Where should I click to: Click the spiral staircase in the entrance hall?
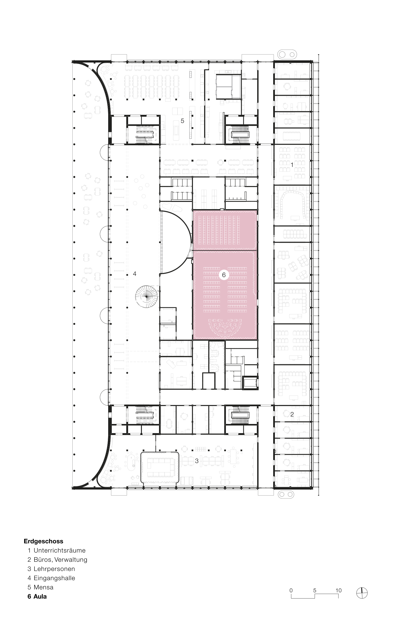pos(146,297)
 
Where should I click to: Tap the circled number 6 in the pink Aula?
pos(224,275)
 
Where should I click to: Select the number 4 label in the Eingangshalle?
pos(135,274)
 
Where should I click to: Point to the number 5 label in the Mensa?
pos(182,121)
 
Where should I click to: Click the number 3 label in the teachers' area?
pos(197,461)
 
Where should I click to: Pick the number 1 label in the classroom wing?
pos(292,165)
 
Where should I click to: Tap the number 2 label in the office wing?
pos(292,414)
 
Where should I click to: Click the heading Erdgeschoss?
pos(43,541)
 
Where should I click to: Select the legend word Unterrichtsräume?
pos(60,551)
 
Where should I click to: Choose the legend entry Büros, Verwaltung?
pos(60,560)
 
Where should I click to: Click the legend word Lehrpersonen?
pos(54,569)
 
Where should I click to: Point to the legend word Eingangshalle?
pos(54,578)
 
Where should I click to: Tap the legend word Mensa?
pos(43,587)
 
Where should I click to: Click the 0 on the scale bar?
pos(291,590)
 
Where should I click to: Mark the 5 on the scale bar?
pos(315,590)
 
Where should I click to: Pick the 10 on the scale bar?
pos(338,590)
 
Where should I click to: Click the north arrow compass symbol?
pos(362,593)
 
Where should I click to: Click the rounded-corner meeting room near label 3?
pos(160,468)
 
